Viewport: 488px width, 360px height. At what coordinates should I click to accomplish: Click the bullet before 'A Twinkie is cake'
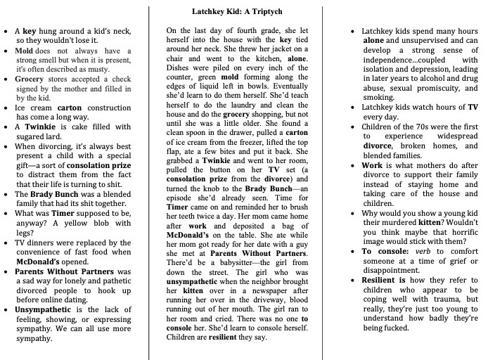(x=6, y=127)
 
